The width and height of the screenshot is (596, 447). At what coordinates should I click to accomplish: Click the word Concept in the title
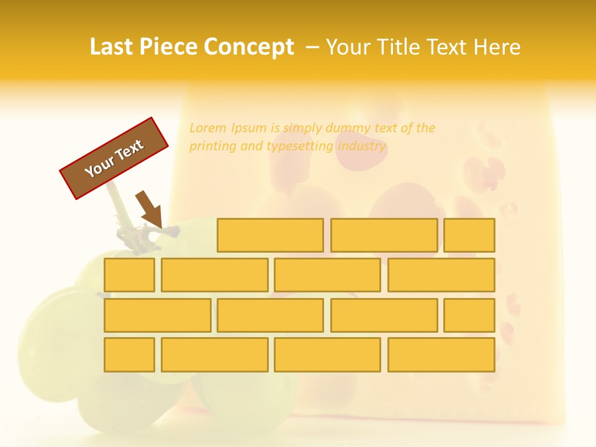(249, 47)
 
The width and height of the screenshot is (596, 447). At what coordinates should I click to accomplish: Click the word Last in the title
(111, 47)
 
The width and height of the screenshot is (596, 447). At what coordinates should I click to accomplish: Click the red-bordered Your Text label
(114, 158)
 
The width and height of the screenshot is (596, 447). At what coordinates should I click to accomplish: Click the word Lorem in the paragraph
(208, 129)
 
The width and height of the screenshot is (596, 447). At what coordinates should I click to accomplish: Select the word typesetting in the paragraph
(300, 147)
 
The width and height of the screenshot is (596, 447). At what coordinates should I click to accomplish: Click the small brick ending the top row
(469, 235)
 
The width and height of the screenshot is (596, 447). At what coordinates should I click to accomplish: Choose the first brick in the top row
(270, 235)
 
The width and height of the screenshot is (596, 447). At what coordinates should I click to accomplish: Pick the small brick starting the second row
(129, 275)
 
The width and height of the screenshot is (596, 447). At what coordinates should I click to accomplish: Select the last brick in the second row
(441, 275)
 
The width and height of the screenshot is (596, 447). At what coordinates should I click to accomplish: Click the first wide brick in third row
(157, 315)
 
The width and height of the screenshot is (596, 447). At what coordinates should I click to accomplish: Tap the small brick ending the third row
(469, 315)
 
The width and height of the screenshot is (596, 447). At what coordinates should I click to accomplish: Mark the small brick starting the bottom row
(129, 354)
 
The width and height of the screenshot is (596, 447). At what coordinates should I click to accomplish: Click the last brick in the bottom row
(441, 354)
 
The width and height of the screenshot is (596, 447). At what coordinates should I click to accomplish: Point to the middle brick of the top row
(384, 235)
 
